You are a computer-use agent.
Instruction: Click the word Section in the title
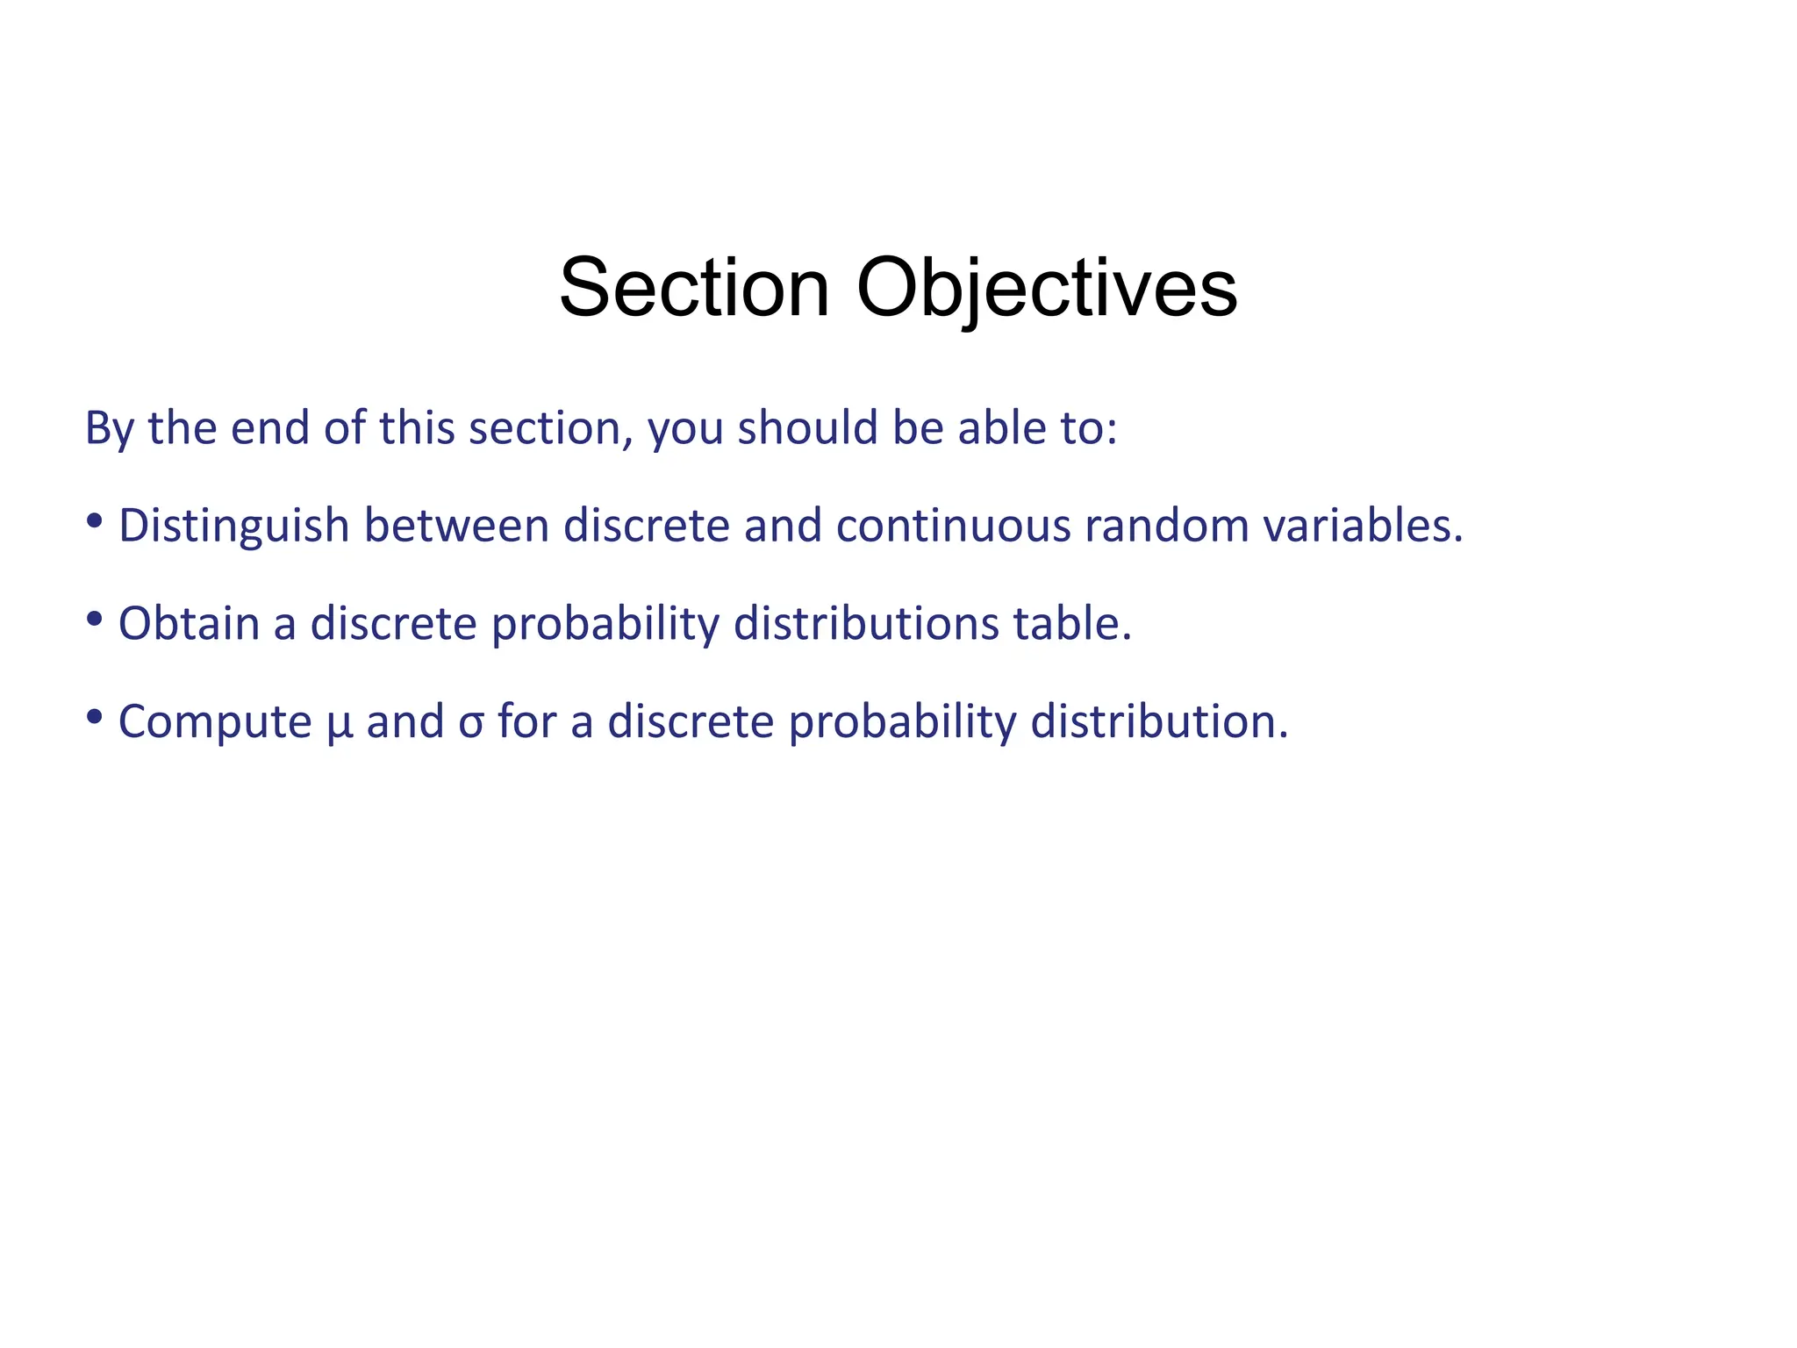coord(694,288)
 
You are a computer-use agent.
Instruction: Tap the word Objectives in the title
coord(1046,288)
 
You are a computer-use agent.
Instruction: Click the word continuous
coord(953,525)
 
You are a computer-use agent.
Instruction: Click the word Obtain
coord(189,623)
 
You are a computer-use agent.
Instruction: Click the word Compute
coord(215,721)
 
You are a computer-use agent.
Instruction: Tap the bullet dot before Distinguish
coord(95,522)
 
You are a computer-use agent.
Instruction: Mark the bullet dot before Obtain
coord(95,620)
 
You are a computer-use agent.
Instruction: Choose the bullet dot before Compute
coord(95,718)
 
